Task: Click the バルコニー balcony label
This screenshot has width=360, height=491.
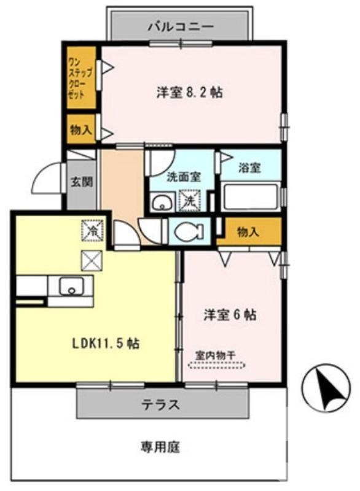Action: coord(181,26)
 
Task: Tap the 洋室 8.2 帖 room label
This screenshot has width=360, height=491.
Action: coord(189,93)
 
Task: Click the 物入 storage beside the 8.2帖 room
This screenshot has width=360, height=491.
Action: coord(80,129)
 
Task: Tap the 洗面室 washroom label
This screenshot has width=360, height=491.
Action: coord(183,177)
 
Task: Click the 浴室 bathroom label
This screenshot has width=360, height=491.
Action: coord(251,168)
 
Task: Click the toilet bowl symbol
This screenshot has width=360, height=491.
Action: coord(187,231)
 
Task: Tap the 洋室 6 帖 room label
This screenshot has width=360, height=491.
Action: coord(230,315)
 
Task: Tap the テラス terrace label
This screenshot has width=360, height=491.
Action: coord(160,404)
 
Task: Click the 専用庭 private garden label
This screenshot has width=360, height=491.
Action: coord(160,447)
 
